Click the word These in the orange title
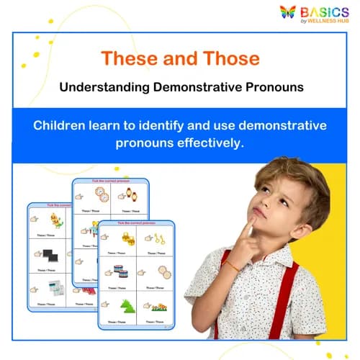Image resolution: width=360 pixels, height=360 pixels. tap(128, 58)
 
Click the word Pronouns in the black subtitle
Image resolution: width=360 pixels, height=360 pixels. tap(272, 86)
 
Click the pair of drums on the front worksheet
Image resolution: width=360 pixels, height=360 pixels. tap(120, 271)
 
